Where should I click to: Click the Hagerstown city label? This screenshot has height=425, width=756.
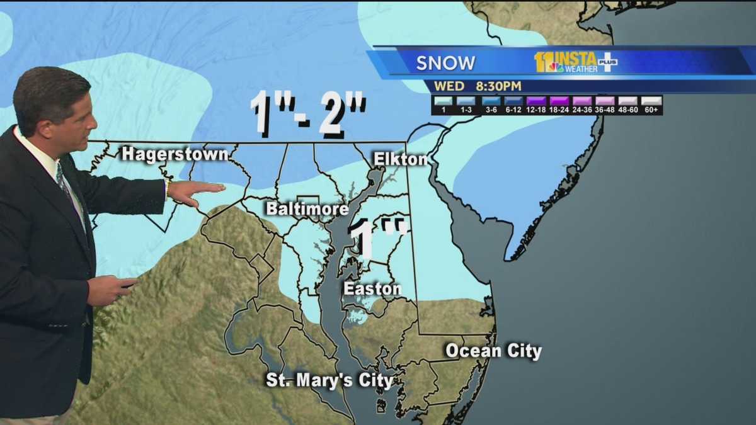coord(175,154)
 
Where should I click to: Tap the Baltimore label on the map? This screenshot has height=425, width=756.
coord(307,209)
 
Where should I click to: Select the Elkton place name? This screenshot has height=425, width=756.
coord(401,159)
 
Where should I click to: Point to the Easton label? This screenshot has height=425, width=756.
coord(372,289)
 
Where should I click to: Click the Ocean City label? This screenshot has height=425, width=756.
coord(493,351)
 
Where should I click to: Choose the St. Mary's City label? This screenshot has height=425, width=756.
coord(329,380)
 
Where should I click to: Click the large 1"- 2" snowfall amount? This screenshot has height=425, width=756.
coord(308,114)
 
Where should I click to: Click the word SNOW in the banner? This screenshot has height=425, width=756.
coord(445,63)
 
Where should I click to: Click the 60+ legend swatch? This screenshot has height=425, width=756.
coord(651,101)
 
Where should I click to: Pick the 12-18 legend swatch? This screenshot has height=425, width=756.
coord(535,101)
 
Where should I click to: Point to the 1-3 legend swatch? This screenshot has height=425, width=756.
coord(466,101)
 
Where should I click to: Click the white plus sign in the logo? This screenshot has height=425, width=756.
coord(607,62)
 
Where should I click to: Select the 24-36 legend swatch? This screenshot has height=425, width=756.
coord(582,101)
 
